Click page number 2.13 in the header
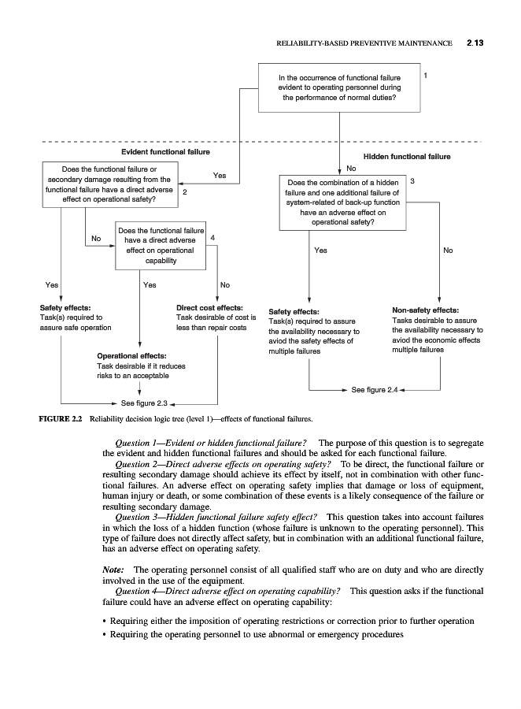473,43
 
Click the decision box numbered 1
339,88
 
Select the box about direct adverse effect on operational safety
109,184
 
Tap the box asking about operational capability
161,245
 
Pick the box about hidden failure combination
342,202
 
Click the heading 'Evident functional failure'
165,150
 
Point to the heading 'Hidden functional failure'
406,157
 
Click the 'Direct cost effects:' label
209,308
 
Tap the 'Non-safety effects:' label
425,310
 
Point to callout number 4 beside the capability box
213,237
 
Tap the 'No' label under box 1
351,168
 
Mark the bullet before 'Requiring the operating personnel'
105,635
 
